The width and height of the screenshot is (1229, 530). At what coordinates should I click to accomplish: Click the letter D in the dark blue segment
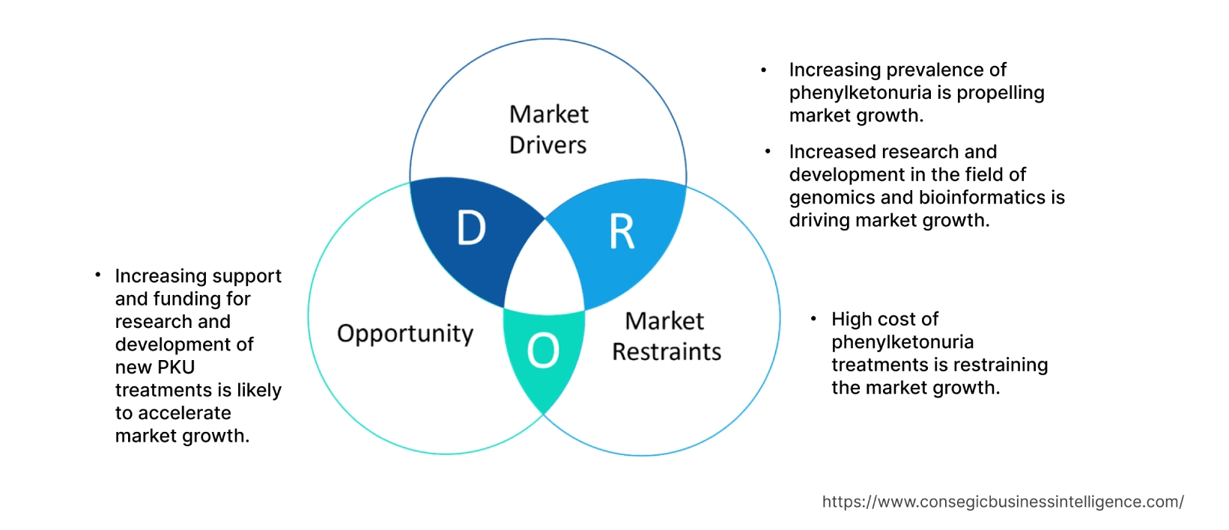[x=471, y=228]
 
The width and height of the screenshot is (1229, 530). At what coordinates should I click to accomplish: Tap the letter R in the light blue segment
[x=622, y=232]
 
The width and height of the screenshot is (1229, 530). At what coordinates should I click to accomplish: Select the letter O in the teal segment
[x=543, y=350]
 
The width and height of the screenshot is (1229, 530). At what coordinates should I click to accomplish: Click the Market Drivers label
[x=548, y=130]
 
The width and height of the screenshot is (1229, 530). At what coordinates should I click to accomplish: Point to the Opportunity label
[x=405, y=334]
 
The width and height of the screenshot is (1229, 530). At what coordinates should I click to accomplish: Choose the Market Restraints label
[x=666, y=337]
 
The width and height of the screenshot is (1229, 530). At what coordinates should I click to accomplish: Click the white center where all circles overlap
[x=545, y=273]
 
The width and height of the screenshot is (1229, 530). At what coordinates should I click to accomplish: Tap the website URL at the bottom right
[x=1002, y=502]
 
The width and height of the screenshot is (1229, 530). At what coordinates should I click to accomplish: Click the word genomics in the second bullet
[x=832, y=198]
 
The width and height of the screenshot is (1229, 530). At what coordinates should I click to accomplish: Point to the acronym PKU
[x=175, y=368]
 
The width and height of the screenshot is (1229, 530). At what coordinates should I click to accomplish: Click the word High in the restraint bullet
[x=852, y=320]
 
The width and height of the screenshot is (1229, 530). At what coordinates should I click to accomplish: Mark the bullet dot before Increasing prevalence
[x=763, y=70]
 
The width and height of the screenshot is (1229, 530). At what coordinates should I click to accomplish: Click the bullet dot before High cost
[x=813, y=320]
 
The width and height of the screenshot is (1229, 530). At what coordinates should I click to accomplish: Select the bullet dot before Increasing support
[x=98, y=275]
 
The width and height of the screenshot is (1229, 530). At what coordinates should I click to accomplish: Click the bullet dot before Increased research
[x=768, y=152]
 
